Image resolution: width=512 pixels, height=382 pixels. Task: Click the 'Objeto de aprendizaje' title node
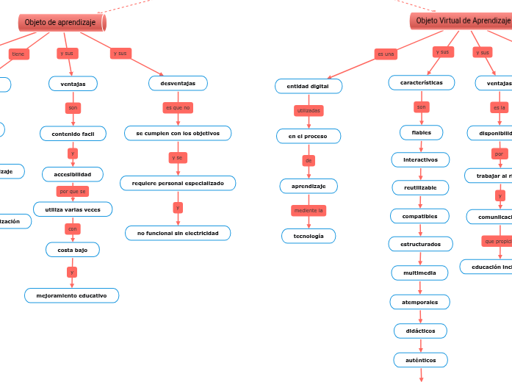tap(61, 23)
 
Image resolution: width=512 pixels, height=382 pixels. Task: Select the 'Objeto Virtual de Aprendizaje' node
tap(462, 21)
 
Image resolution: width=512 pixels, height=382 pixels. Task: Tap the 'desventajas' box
tap(178, 84)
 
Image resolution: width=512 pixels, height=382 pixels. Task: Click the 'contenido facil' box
tap(73, 134)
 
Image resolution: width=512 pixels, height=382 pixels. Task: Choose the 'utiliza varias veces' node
tap(73, 209)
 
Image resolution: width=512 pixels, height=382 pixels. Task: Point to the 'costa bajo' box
tap(73, 250)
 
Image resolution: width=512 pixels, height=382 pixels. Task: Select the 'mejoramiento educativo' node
tap(71, 295)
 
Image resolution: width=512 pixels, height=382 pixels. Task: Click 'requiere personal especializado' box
tap(178, 183)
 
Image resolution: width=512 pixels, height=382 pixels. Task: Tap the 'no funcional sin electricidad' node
tap(178, 233)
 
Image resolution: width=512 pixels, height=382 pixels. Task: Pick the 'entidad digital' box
tap(309, 87)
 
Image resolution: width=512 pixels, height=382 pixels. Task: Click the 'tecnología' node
tap(309, 236)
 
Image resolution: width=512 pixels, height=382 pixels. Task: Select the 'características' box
tap(422, 83)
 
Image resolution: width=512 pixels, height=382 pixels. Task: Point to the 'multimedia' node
tap(419, 273)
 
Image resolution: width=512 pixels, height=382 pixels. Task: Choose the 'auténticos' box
tap(421, 360)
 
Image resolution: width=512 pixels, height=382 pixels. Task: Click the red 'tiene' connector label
tap(18, 54)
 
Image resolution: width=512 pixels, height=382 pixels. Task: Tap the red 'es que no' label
tap(178, 108)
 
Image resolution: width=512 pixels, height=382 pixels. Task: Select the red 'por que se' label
tap(73, 191)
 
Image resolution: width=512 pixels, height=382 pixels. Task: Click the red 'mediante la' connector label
tap(309, 211)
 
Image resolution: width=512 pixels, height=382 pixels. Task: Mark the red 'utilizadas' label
tap(309, 111)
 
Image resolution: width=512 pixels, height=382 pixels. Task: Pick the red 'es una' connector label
tap(385, 54)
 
